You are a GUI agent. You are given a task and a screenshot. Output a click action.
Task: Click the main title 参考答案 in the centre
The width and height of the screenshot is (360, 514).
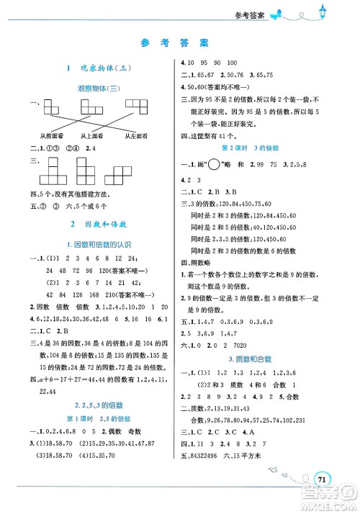179,43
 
